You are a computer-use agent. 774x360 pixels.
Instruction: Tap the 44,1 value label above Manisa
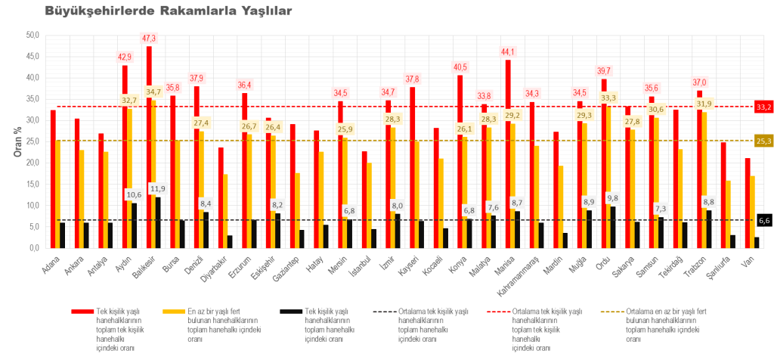click(x=508, y=51)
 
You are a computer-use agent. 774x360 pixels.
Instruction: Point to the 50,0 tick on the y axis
click(x=33, y=35)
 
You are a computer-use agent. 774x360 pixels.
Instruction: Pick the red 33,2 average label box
click(x=762, y=107)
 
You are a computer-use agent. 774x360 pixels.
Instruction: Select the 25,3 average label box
click(x=762, y=141)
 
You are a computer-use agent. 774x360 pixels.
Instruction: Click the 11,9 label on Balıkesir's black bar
click(x=159, y=189)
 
